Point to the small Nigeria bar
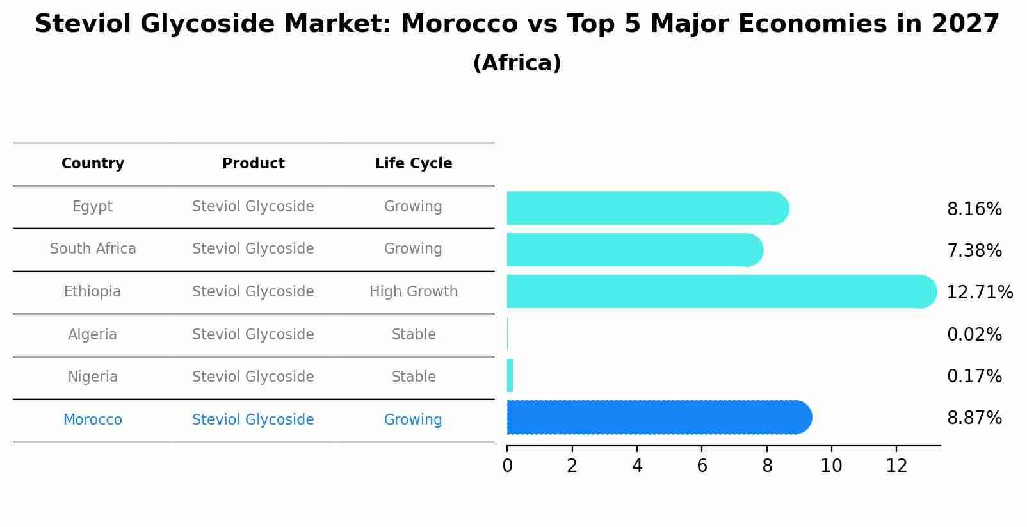[510, 375]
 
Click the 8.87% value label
[974, 418]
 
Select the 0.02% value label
[974, 334]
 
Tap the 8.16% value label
[974, 209]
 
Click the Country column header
[93, 164]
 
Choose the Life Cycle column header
[414, 164]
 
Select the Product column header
[253, 164]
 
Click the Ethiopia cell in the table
[92, 292]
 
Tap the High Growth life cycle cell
[414, 292]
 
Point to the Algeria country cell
[92, 334]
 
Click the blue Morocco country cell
[92, 420]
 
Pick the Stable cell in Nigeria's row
[414, 377]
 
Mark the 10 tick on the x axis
[831, 466]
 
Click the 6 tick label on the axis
[702, 466]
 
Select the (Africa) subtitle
[517, 63]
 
